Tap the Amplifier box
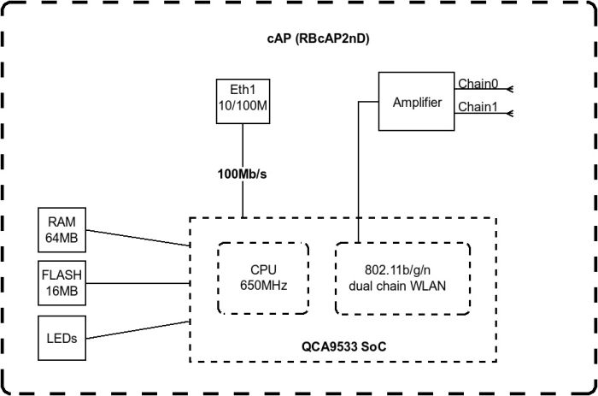coord(417,103)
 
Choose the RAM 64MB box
coord(62,230)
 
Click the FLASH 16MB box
coord(62,283)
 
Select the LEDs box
coord(62,338)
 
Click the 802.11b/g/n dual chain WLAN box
coord(402,279)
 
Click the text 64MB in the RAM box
coord(62,238)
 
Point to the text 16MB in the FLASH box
coord(62,291)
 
